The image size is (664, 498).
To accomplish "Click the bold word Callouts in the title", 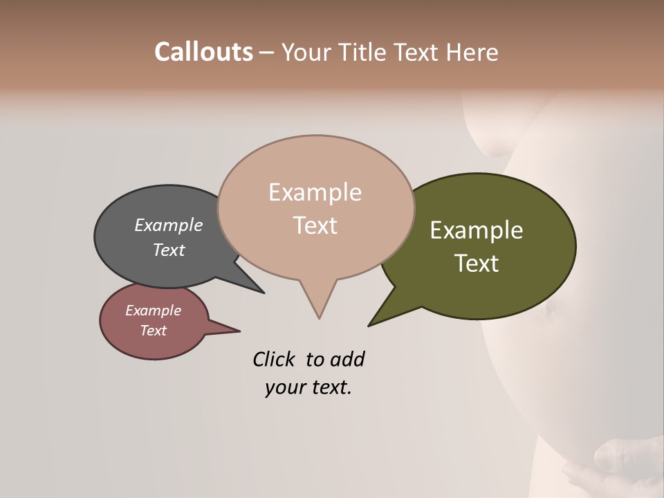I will point(203,53).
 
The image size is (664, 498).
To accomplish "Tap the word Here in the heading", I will point(473,53).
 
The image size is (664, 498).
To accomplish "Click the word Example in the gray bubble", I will point(169,225).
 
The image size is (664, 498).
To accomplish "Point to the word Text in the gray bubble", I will point(169,250).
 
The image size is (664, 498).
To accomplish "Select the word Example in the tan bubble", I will point(315,192).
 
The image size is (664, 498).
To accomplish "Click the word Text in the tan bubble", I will point(315,225).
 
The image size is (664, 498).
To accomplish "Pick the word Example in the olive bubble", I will point(477,230).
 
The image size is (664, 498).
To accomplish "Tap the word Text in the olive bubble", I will point(477,264).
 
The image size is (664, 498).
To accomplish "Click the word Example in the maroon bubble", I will point(154,311).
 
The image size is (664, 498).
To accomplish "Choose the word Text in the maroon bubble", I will point(154,331).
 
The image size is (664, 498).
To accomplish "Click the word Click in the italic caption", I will point(275,359).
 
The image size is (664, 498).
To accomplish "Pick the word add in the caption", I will point(347,359).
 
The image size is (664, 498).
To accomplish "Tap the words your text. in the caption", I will point(308,387).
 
